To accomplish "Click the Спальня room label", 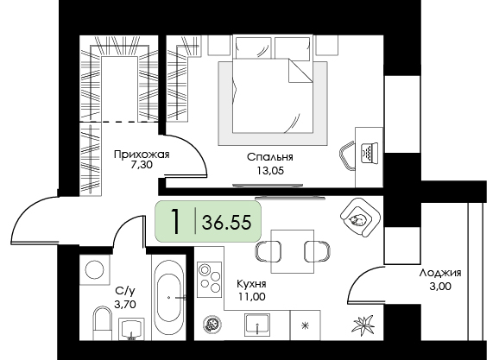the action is pos(270,157).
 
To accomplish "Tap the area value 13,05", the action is pos(270,171).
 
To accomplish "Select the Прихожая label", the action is pos(142,155).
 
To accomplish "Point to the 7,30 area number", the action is pos(142,165).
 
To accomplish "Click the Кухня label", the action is pos(251,283).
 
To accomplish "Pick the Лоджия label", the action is pos(440,273).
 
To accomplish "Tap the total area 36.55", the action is pos(226,222).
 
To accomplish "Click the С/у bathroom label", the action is pos(125,291).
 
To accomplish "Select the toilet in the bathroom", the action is pos(103,323).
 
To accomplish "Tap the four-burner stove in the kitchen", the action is pos(210,280).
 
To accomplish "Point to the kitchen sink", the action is pos(257,325).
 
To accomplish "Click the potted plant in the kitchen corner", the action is pos(363,325).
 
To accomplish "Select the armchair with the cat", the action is pos(360,218).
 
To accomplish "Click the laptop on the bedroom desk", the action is pos(370,154).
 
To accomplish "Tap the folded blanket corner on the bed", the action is pos(300,71).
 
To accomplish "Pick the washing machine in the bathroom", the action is pos(94,269).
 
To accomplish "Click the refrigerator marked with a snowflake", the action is pos(306,325).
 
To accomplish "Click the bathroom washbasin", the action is pos(131,329).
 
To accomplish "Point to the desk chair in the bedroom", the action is pos(347,156).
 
